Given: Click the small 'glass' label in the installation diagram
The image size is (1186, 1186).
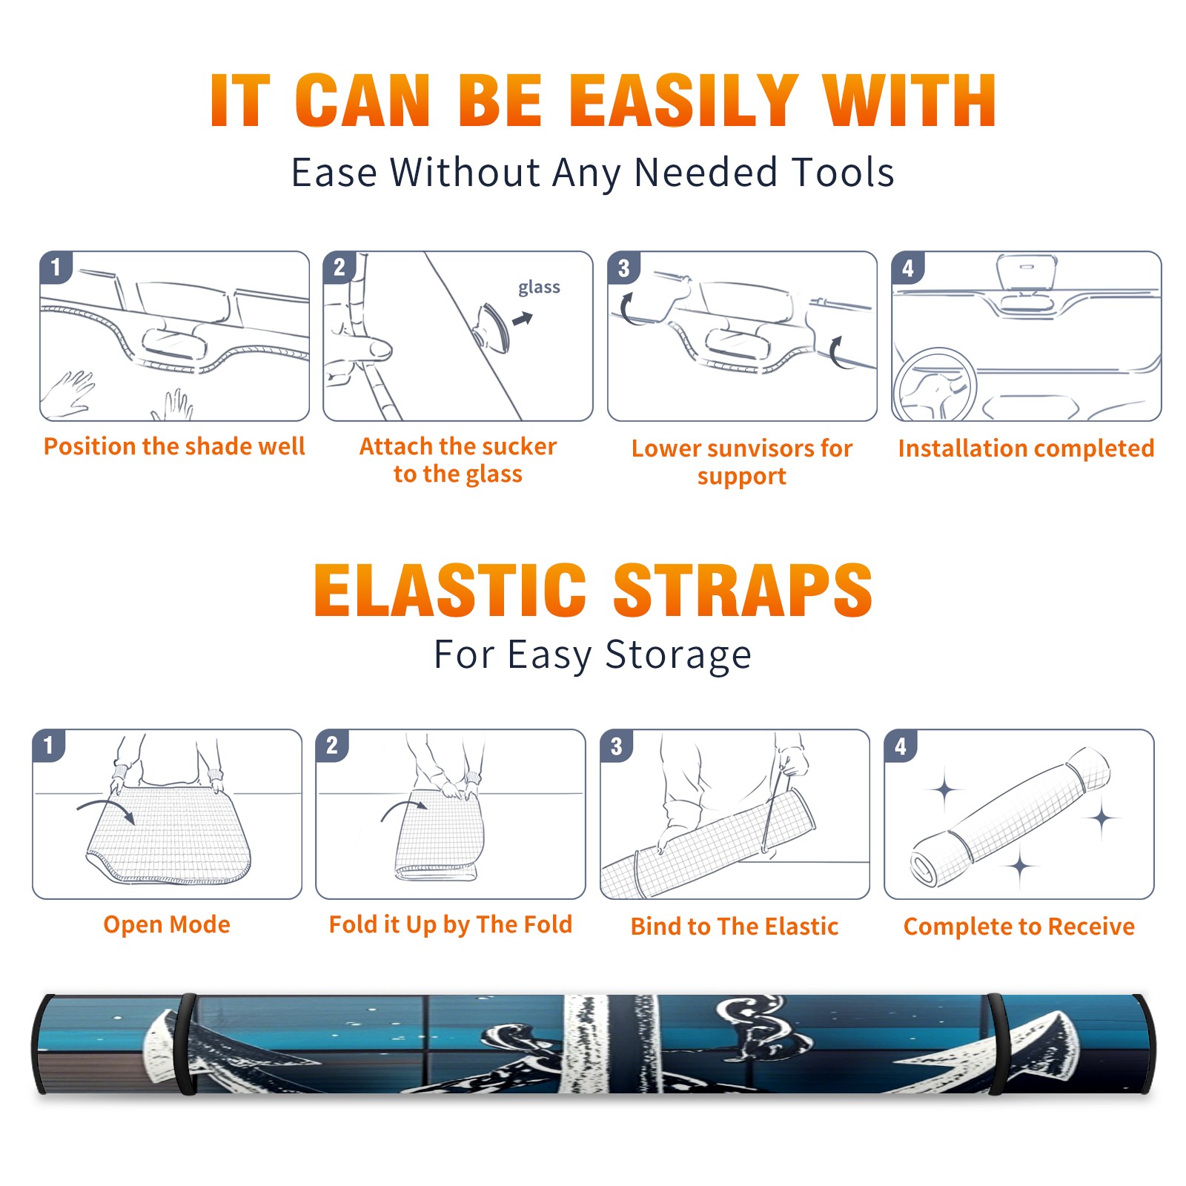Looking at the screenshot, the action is click(x=539, y=288).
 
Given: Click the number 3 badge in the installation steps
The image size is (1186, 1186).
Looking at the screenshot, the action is click(x=623, y=268).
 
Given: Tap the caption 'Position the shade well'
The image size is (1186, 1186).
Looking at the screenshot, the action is click(x=174, y=446).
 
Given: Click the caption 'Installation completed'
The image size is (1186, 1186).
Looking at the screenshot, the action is click(x=1026, y=448).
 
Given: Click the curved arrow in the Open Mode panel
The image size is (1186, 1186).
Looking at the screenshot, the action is click(x=106, y=809).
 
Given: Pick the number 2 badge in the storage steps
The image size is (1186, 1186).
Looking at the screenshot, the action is click(x=332, y=746).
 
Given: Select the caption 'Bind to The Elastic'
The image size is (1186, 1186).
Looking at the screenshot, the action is click(x=734, y=926).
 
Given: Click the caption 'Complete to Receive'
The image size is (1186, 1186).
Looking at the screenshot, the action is click(x=1019, y=927).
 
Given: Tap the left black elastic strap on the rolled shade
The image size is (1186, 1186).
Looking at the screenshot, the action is click(x=186, y=1044).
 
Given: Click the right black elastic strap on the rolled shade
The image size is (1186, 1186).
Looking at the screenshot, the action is click(x=997, y=1044).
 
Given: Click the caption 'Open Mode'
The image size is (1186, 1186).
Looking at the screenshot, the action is click(x=167, y=925).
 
